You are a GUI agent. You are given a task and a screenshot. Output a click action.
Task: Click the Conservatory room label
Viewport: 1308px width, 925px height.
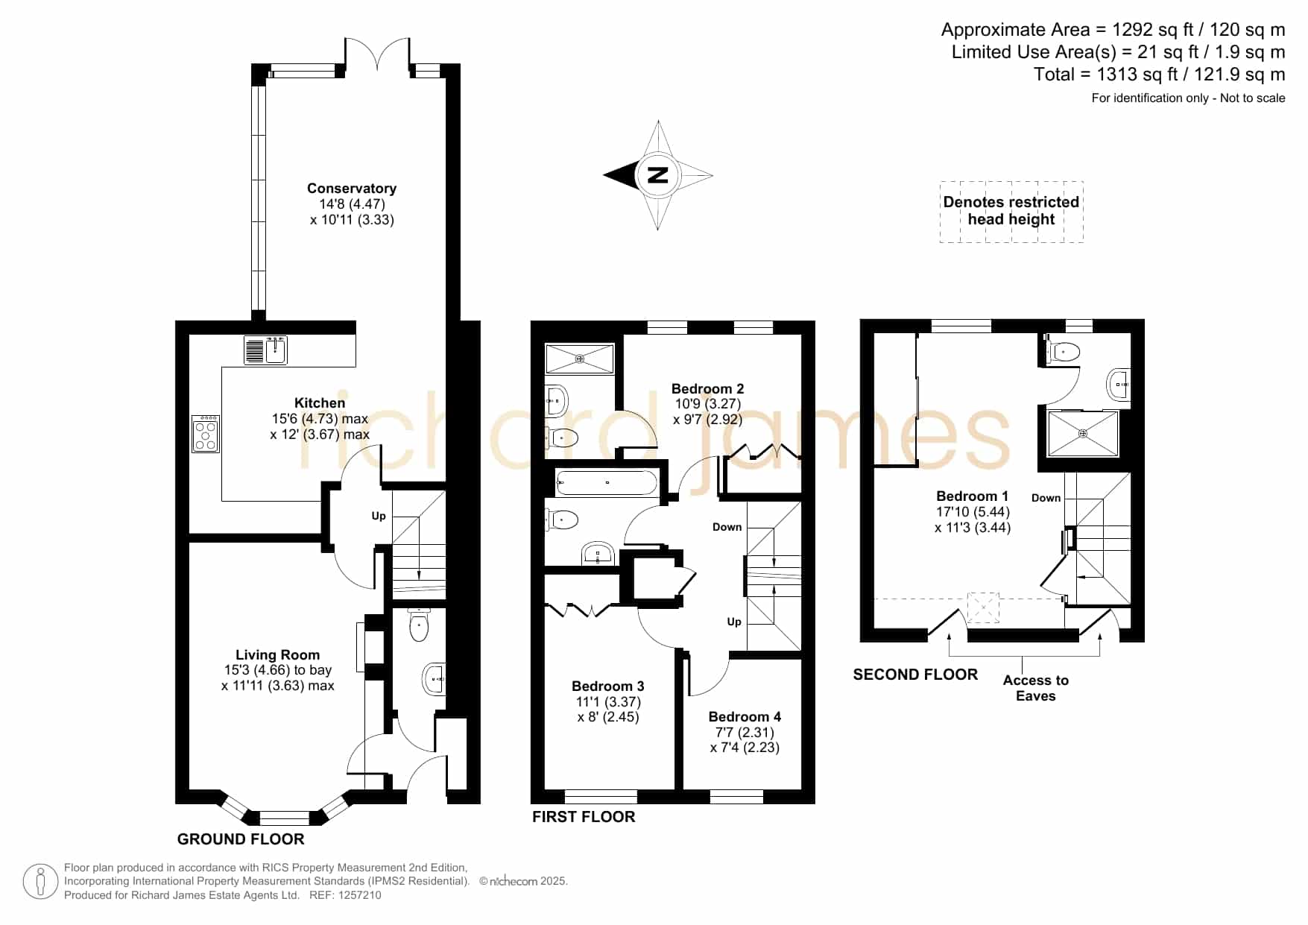(x=352, y=189)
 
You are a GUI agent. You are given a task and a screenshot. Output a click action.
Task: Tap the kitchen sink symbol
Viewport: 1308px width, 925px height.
(x=266, y=350)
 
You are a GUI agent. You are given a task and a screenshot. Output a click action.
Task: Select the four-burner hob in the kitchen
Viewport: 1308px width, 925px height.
(x=206, y=434)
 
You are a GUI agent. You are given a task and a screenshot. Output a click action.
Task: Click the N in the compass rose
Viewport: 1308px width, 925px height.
(x=657, y=176)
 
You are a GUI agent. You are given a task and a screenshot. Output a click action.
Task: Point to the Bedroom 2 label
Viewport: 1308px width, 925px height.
(x=707, y=388)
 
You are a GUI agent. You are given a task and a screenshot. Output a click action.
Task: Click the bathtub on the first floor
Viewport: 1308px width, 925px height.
(x=607, y=483)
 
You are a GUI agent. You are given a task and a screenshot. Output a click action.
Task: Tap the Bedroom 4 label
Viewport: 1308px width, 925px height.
(x=745, y=716)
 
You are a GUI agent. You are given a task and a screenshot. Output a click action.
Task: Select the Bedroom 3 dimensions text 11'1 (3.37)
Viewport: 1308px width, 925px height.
(x=608, y=701)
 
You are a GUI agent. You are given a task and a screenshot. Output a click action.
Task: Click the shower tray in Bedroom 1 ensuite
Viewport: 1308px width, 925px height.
(x=1084, y=433)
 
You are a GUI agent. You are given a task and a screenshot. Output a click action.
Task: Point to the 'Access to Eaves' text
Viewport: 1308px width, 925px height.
(x=1036, y=688)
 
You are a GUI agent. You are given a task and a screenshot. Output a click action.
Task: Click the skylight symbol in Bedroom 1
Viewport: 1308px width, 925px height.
(x=983, y=607)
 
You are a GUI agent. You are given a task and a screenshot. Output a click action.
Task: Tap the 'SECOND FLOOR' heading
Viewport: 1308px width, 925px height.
(x=915, y=675)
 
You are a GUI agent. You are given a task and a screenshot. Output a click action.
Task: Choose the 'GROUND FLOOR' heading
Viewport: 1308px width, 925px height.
(x=241, y=839)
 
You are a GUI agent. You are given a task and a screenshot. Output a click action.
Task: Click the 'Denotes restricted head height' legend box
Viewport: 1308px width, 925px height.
(x=1011, y=212)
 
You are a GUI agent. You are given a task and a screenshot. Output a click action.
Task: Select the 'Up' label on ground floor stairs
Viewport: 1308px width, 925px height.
(x=379, y=516)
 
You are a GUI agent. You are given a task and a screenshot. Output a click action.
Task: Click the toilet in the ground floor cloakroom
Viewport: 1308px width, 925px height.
(x=420, y=625)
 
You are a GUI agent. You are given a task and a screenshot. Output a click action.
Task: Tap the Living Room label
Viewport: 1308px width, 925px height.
(x=278, y=655)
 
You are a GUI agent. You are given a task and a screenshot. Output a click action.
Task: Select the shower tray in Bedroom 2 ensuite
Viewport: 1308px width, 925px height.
(x=580, y=359)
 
